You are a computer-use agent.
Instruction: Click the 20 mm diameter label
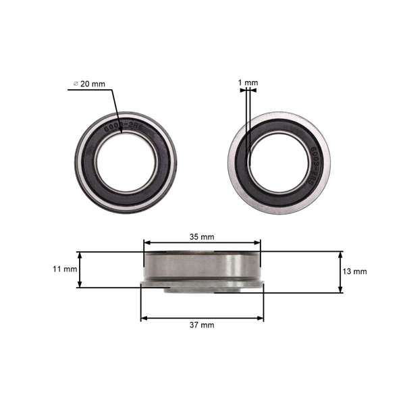pos(92,84)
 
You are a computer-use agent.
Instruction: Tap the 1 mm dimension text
pos(248,83)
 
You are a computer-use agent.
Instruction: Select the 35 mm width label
pos(202,237)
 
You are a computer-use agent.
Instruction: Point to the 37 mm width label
pos(202,325)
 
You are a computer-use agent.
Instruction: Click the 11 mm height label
pos(65,269)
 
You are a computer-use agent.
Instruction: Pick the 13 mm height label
pos(355,271)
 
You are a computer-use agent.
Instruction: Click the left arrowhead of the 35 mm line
pos(146,244)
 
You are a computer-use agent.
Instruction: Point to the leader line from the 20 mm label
pos(115,108)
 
